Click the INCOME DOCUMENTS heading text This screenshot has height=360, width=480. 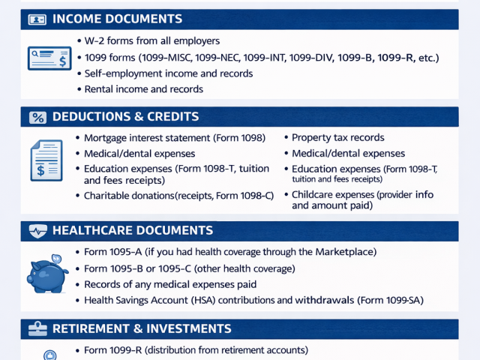(117, 19)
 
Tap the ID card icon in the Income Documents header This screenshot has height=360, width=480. (37, 19)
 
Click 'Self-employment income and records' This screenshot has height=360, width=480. (168, 73)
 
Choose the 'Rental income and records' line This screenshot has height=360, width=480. (143, 89)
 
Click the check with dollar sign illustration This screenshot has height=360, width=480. (49, 57)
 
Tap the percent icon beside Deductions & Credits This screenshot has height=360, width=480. (37, 117)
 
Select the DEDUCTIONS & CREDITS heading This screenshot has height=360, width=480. (125, 117)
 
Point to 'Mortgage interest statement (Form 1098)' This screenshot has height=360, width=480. (179, 138)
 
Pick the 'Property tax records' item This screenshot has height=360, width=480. (337, 138)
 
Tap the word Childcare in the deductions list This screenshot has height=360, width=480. (315, 195)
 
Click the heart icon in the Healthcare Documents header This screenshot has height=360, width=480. (37, 231)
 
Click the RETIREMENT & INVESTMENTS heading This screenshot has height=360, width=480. (142, 328)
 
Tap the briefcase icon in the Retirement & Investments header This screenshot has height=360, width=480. (37, 328)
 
